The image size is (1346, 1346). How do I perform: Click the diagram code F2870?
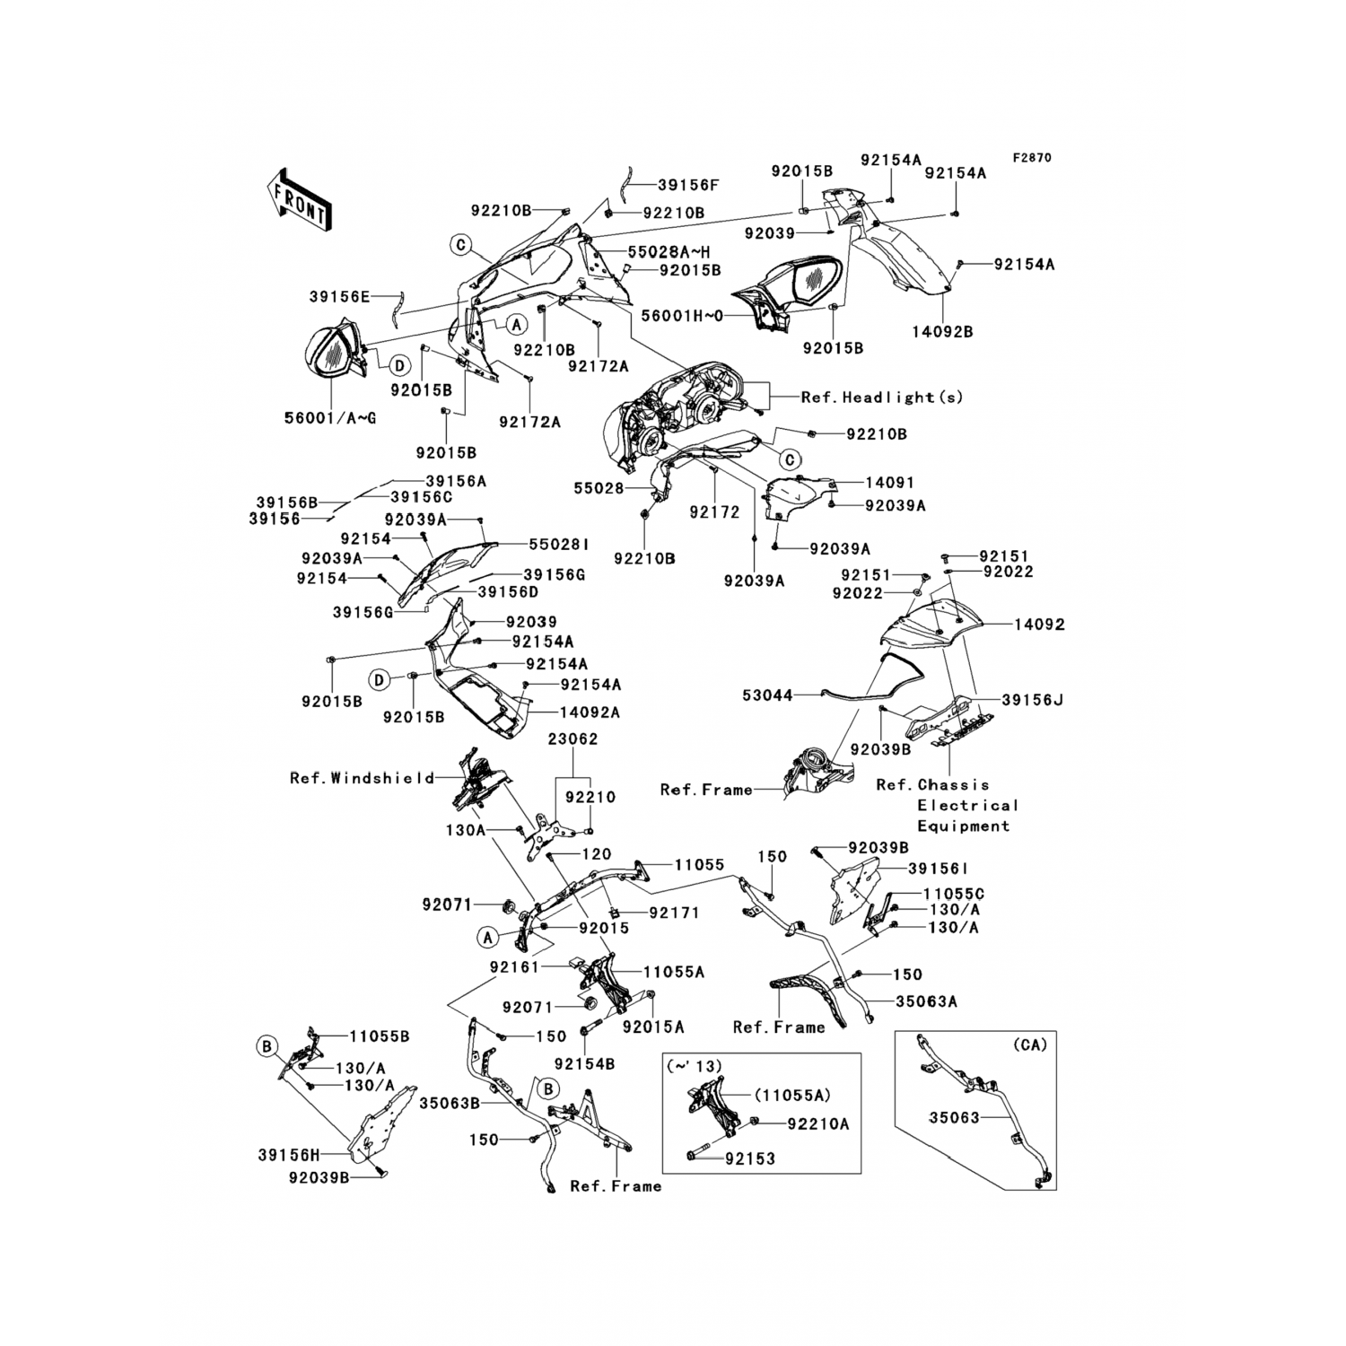click(1032, 158)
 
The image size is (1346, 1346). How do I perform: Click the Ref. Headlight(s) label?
click(881, 397)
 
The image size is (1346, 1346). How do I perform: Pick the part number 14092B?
click(943, 331)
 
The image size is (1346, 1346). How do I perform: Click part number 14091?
click(889, 483)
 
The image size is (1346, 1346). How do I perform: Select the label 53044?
click(768, 695)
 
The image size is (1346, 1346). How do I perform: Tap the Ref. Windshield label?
click(362, 778)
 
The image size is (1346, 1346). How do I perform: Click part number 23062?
click(573, 739)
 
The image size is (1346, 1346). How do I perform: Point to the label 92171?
click(674, 913)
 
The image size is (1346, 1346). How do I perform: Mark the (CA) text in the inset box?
click(1029, 1045)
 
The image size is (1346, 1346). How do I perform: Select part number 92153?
click(750, 1158)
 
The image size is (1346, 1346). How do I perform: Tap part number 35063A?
click(925, 1001)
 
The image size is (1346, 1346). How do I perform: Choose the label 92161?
click(514, 968)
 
